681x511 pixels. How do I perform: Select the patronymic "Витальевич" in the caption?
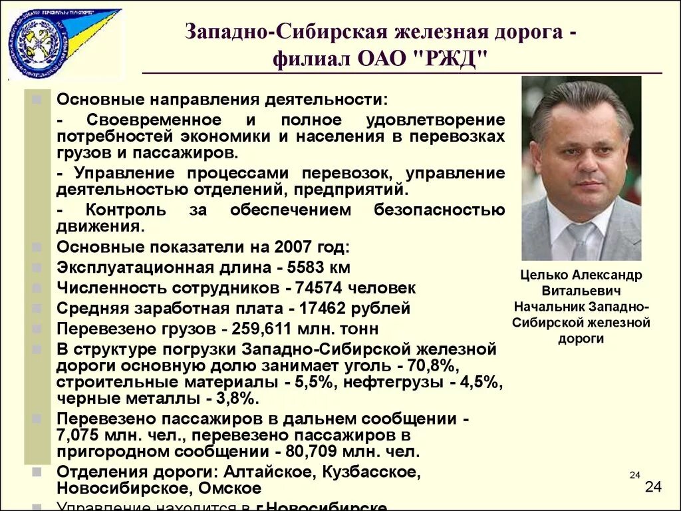point(581,291)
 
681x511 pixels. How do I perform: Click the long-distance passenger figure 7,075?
point(78,435)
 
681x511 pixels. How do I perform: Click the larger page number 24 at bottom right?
point(653,488)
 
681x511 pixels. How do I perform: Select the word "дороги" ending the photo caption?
point(581,338)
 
